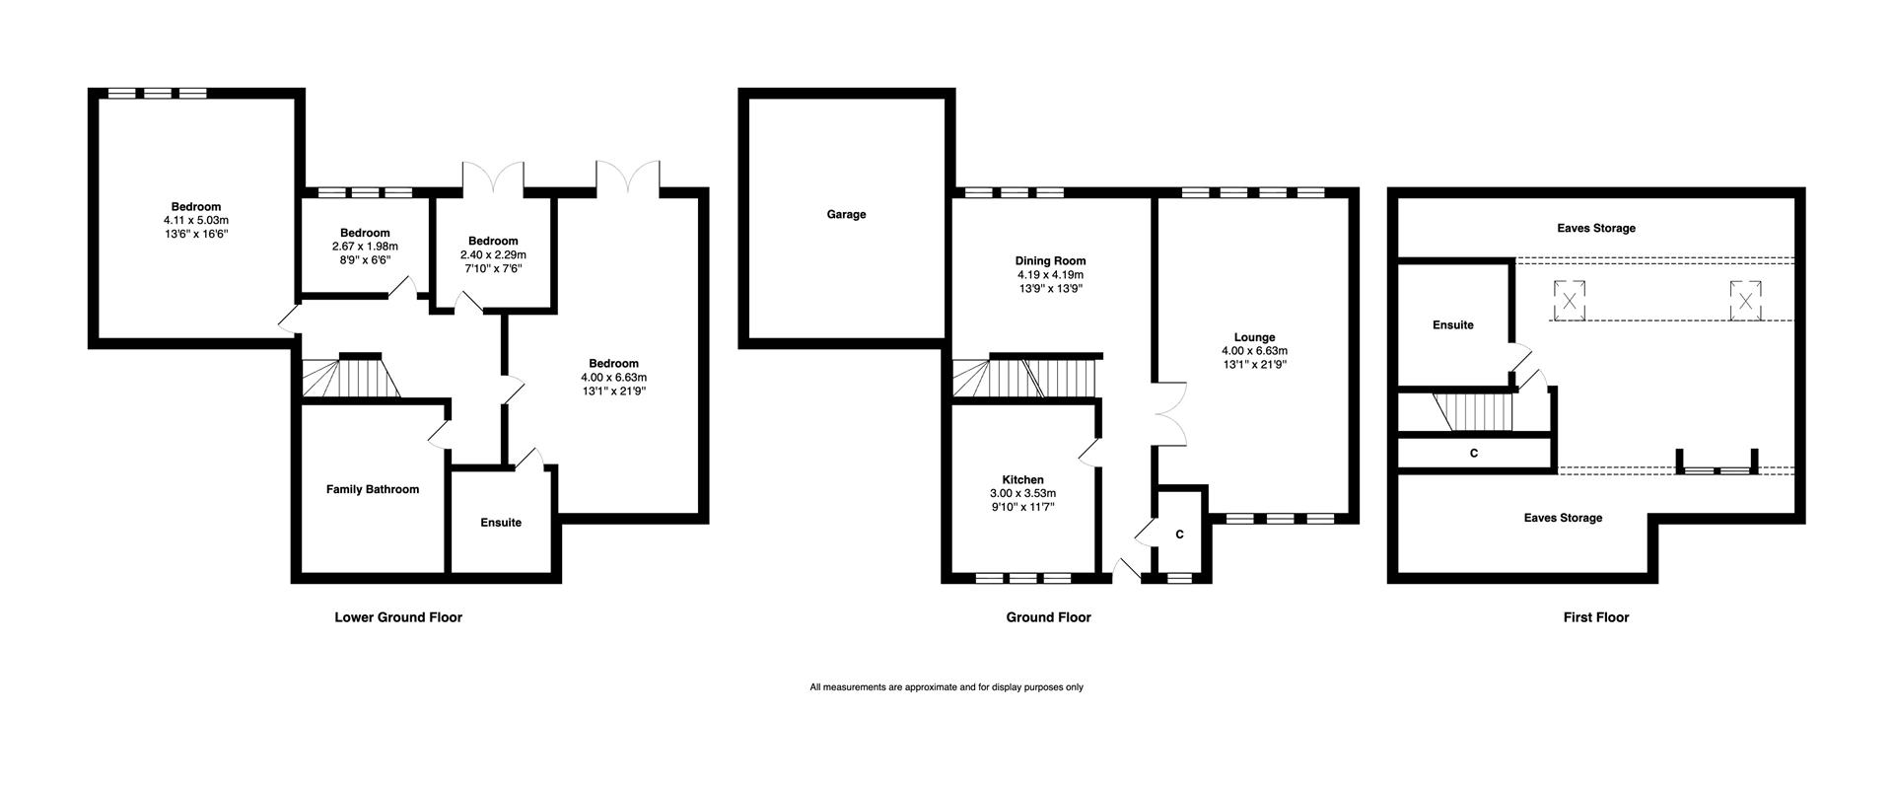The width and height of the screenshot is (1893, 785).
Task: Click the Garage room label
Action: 846,214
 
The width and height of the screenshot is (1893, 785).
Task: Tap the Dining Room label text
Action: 1051,261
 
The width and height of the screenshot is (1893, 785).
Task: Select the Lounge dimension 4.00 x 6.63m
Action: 1254,350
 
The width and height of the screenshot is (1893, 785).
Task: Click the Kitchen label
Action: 1022,480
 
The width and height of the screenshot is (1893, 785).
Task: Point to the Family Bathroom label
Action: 373,489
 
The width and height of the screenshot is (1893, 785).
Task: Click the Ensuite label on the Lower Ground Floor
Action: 501,523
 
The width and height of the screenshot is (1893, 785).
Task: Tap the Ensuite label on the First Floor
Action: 1452,324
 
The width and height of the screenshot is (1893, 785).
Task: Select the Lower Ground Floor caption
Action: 398,617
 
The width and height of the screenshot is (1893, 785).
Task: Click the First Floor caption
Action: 1595,617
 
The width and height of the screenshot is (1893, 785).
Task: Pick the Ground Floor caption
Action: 1048,617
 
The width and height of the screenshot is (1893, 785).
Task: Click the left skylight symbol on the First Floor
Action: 1570,300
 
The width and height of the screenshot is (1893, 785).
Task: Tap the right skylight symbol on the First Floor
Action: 1744,300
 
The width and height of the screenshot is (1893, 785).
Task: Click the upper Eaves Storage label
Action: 1596,228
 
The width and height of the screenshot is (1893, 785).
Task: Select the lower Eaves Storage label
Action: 1563,518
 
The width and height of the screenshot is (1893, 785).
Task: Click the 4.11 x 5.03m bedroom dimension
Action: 196,221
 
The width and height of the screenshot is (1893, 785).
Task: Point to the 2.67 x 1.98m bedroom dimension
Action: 365,247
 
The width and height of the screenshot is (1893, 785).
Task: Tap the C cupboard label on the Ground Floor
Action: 1179,535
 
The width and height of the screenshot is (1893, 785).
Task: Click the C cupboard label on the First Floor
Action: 1474,453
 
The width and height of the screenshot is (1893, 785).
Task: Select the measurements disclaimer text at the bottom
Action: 946,687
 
